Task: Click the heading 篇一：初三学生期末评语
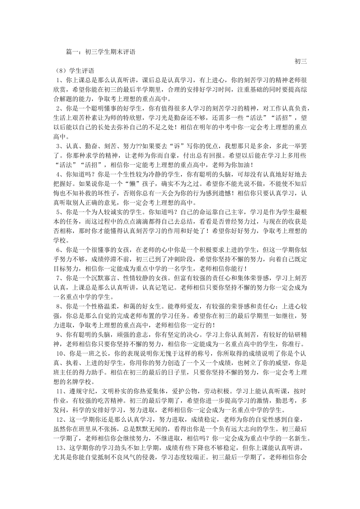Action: pos(100,52)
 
